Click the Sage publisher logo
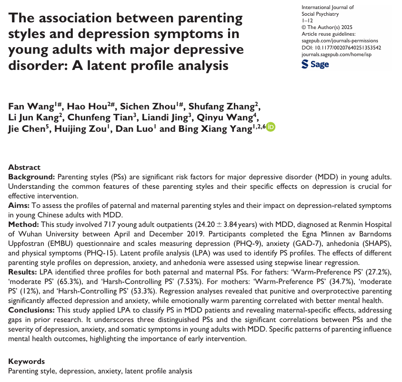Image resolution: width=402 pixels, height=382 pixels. point(315,64)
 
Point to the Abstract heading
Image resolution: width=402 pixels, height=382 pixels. point(24,167)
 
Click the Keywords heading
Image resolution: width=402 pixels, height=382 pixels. point(26,362)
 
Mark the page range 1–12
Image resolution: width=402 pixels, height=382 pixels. point(307,21)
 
